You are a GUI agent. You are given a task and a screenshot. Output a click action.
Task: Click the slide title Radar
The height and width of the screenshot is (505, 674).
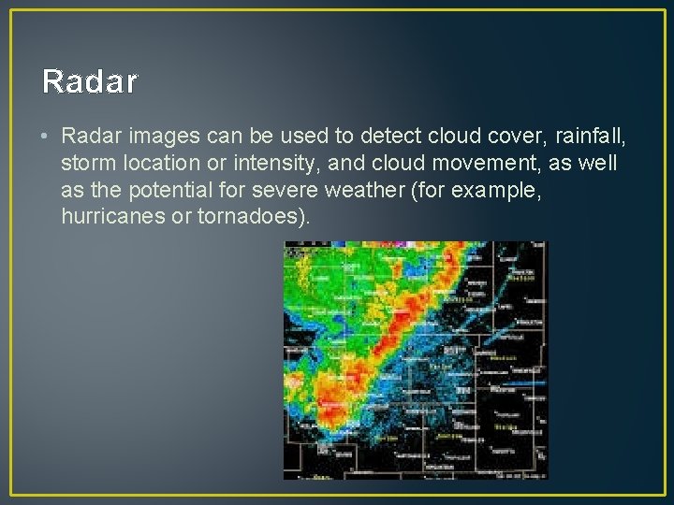click(90, 82)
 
